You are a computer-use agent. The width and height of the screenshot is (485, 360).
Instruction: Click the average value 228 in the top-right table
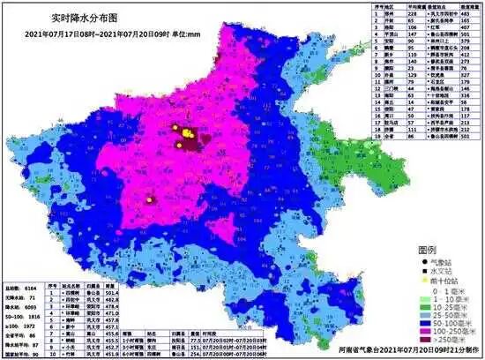click(409, 15)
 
